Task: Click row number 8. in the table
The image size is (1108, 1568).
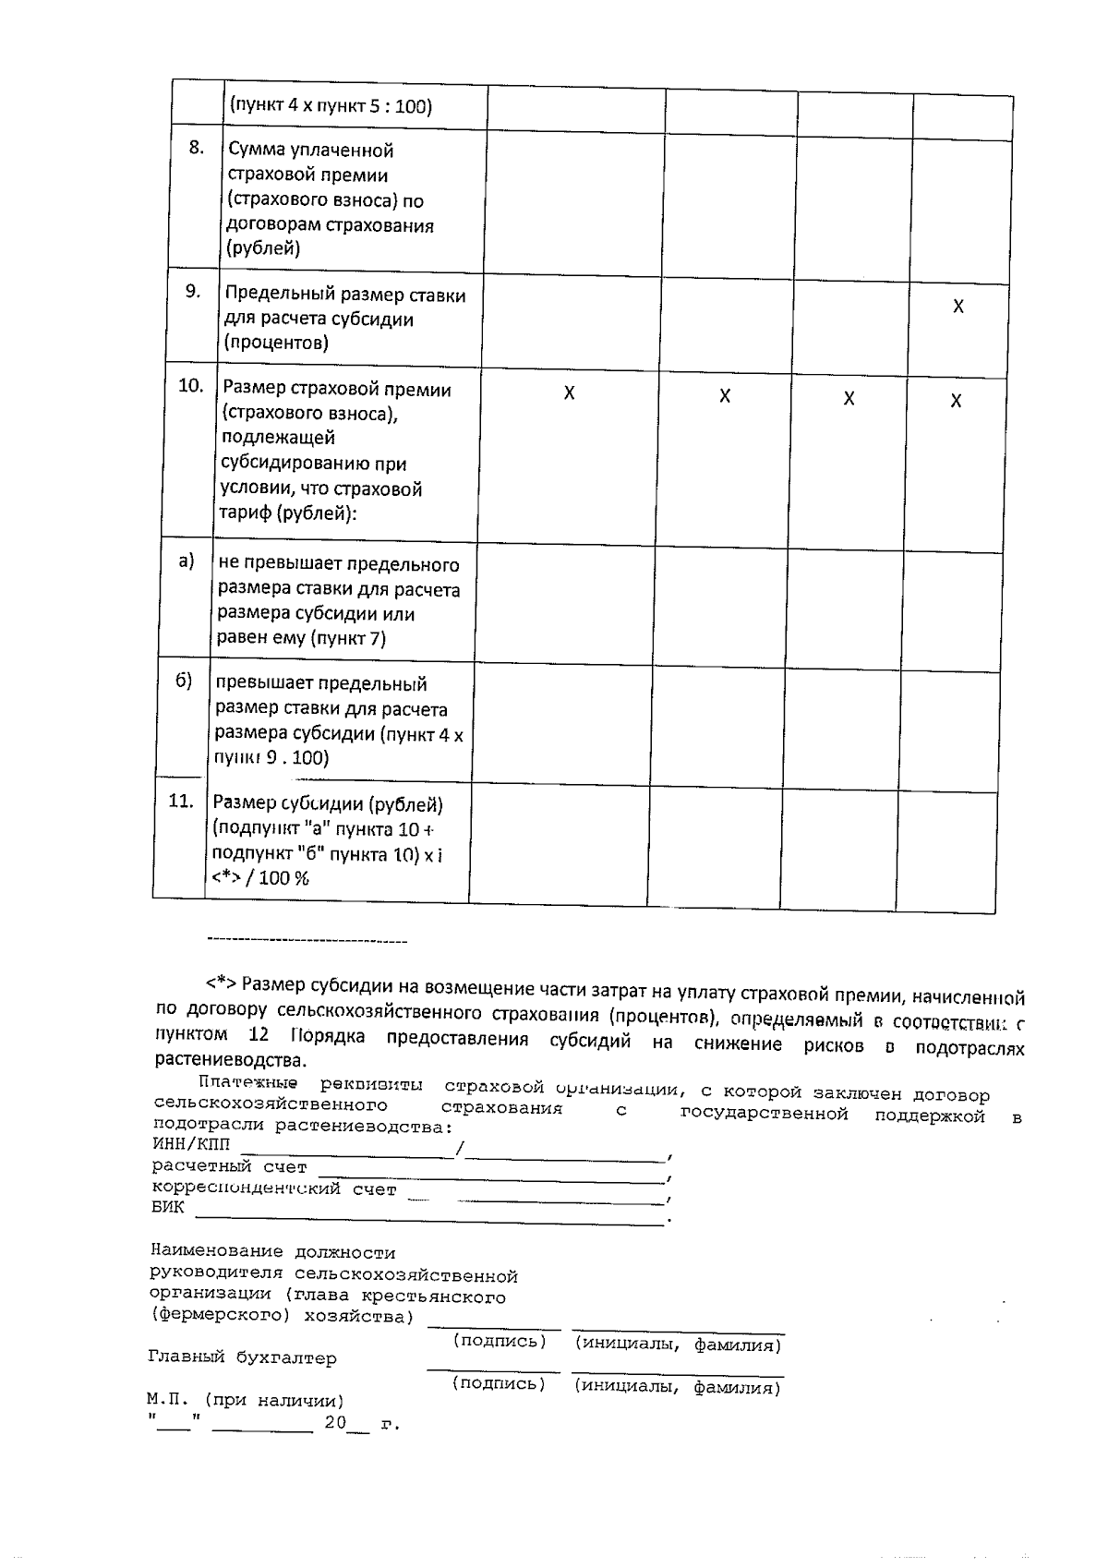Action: pyautogui.click(x=196, y=148)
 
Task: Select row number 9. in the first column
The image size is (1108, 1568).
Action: pyautogui.click(x=192, y=292)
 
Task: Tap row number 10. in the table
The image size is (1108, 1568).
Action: pyautogui.click(x=190, y=386)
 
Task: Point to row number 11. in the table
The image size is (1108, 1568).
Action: pyautogui.click(x=181, y=802)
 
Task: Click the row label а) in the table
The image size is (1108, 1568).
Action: pyautogui.click(x=187, y=561)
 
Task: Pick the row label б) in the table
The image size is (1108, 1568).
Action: pyautogui.click(x=184, y=681)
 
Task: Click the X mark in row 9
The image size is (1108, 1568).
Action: pyautogui.click(x=958, y=307)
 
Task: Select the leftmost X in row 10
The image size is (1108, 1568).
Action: pyautogui.click(x=569, y=393)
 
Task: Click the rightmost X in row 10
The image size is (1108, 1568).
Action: pyautogui.click(x=956, y=401)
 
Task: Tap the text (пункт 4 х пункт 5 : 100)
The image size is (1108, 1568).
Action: pyautogui.click(x=331, y=106)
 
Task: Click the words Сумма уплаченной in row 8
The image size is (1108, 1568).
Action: pyautogui.click(x=310, y=150)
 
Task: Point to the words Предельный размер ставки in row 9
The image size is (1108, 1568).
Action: pyautogui.click(x=345, y=296)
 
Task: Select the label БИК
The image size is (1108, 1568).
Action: pyautogui.click(x=168, y=1207)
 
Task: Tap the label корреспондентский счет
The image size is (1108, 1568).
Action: pyautogui.click(x=273, y=1188)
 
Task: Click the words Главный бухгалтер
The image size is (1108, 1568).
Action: pyautogui.click(x=242, y=1358)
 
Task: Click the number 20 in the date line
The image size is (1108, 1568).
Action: pyautogui.click(x=334, y=1423)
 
